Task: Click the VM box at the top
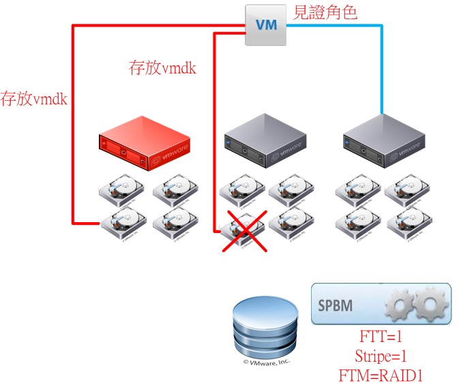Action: click(265, 25)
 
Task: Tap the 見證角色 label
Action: click(325, 12)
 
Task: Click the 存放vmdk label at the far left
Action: click(33, 99)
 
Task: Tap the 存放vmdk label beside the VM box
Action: click(162, 67)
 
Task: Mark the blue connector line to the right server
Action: click(381, 68)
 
